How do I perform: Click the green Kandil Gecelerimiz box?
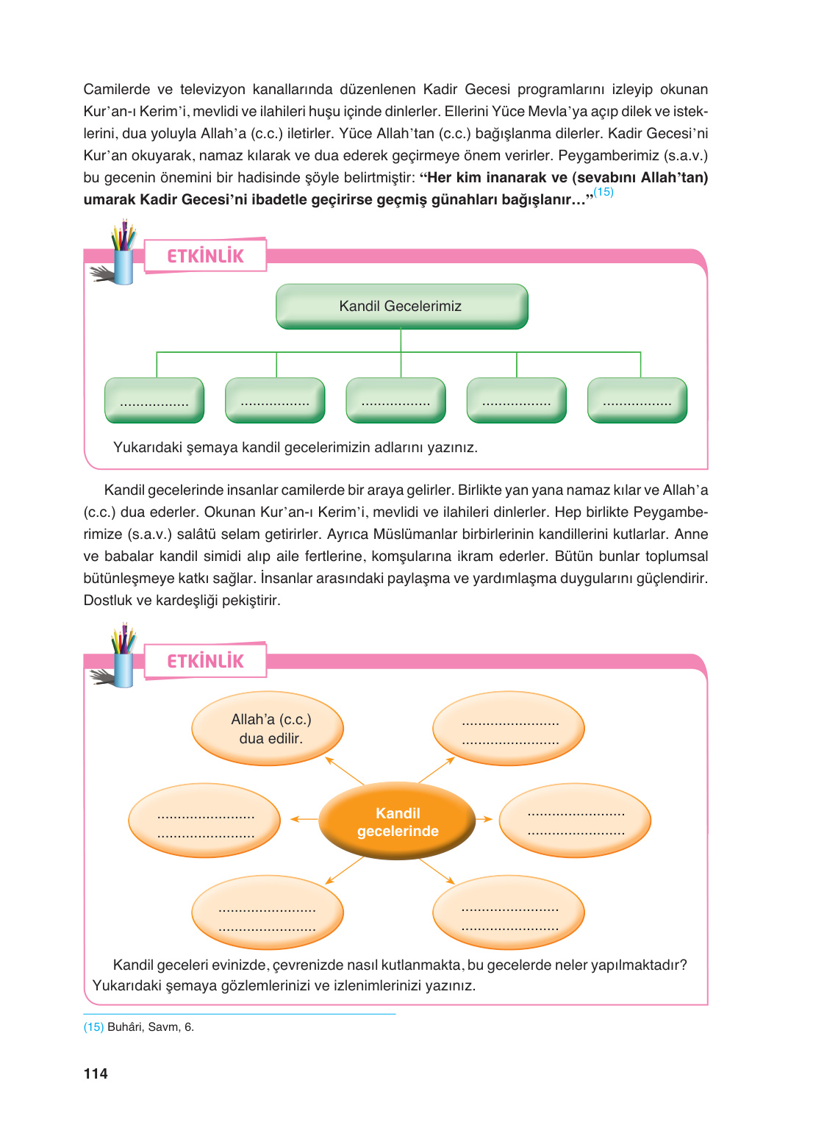click(401, 306)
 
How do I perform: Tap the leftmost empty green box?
click(154, 401)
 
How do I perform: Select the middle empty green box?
click(395, 401)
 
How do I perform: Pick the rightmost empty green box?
click(637, 401)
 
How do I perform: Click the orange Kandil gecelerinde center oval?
click(397, 821)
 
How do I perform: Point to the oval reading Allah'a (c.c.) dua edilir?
click(268, 729)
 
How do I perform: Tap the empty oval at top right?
click(509, 729)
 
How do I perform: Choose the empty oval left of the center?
click(204, 821)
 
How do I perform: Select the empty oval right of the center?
click(575, 821)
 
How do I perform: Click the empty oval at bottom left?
click(268, 912)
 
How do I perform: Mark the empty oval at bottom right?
click(509, 912)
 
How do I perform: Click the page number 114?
click(96, 1073)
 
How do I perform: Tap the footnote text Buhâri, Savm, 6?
click(151, 1027)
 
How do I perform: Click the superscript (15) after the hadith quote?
click(604, 192)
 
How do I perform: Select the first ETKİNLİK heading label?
click(205, 256)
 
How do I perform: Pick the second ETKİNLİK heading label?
click(205, 661)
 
